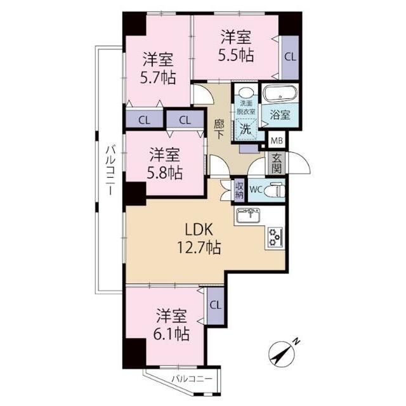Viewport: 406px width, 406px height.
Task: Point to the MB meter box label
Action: [277, 141]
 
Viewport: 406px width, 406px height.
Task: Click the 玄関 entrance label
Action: [277, 164]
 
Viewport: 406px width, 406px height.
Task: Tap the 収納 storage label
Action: [239, 190]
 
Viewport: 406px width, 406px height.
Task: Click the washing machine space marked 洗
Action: [245, 129]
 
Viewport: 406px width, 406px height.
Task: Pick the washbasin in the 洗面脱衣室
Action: [246, 93]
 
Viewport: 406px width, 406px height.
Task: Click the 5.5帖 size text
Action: [235, 55]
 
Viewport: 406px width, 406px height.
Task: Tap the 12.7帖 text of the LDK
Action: [199, 247]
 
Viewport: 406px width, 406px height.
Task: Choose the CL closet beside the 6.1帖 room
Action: [216, 306]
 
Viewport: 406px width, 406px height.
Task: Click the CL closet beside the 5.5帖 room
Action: [290, 57]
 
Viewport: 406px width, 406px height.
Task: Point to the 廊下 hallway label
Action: [219, 129]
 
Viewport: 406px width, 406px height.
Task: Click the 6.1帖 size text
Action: [171, 334]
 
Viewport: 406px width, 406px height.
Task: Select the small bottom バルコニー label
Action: [192, 379]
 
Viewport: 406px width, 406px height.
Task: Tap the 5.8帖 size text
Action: [165, 173]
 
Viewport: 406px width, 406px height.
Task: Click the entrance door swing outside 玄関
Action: [299, 163]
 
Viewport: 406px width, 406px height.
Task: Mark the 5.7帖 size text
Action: [158, 77]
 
